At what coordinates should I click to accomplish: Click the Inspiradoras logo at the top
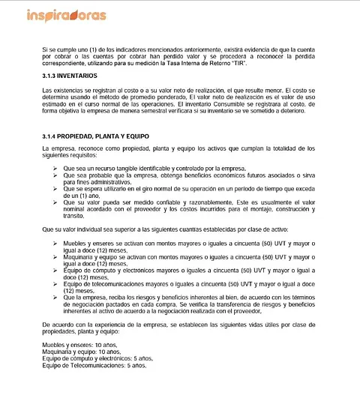pyautogui.click(x=66, y=15)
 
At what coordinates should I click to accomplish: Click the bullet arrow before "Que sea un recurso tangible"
pyautogui.click(x=57, y=169)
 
